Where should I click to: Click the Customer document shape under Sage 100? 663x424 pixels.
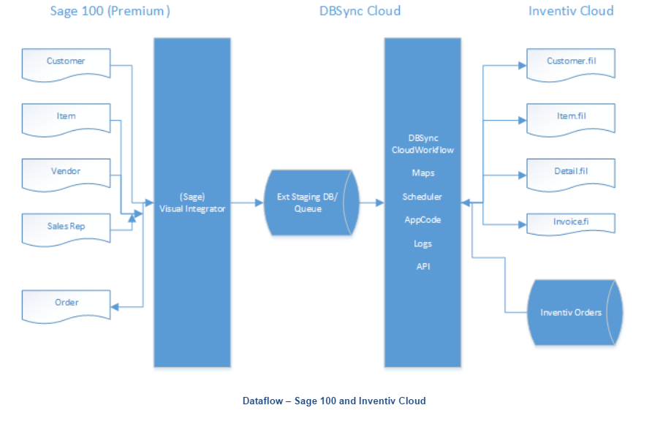click(66, 63)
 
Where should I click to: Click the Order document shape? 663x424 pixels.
click(66, 304)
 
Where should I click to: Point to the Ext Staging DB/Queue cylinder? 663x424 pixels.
click(310, 202)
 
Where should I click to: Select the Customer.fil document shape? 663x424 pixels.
click(571, 63)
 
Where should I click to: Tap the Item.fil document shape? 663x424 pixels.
click(571, 118)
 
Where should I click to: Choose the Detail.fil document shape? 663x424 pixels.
click(571, 173)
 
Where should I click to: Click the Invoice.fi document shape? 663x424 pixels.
click(571, 222)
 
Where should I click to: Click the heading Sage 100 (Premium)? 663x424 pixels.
click(110, 11)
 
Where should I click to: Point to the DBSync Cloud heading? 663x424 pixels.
click(360, 11)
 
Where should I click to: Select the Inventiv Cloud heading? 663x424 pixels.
click(571, 11)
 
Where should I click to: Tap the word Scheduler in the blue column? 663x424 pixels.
click(423, 197)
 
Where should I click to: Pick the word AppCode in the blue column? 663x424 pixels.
click(423, 219)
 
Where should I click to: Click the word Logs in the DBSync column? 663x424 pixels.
click(423, 243)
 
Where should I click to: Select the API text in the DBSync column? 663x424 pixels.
click(423, 266)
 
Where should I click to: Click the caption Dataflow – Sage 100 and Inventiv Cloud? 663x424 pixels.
click(333, 401)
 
